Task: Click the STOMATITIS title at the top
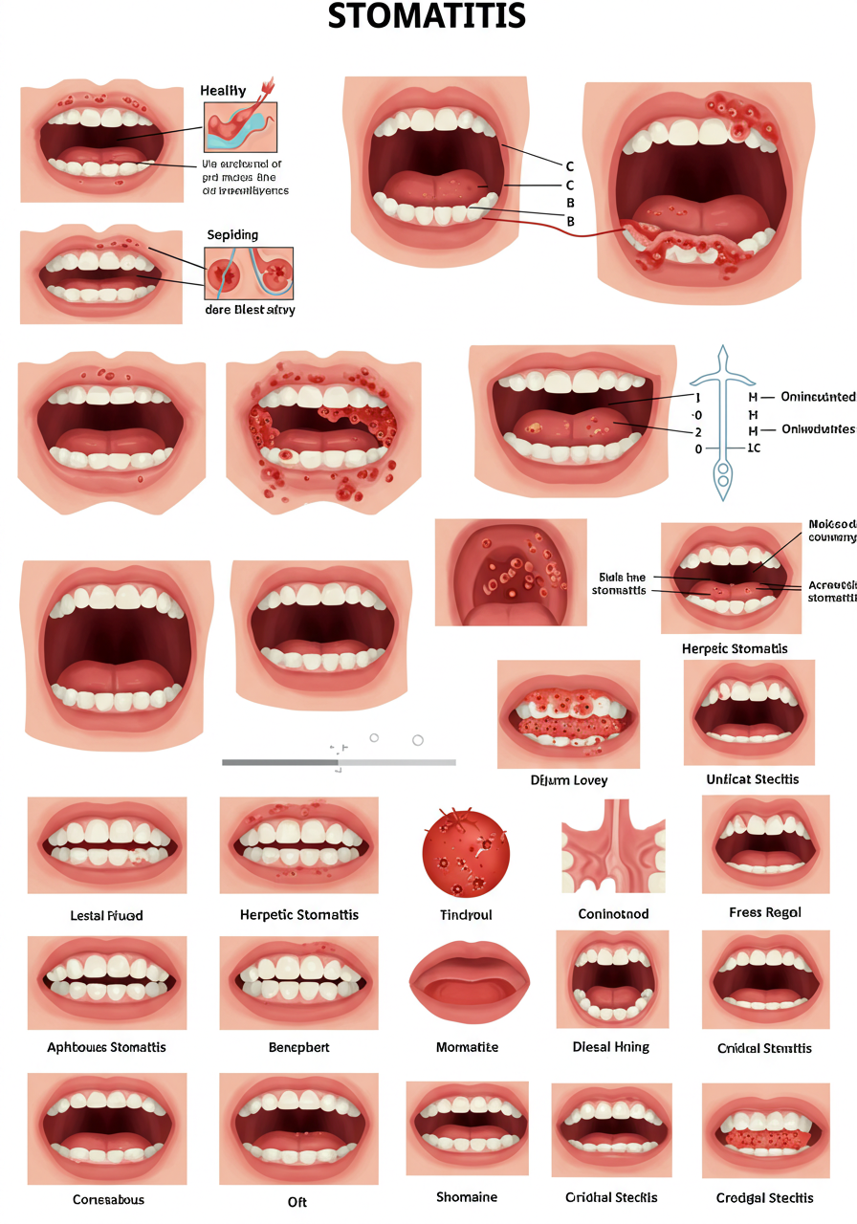pos(427,16)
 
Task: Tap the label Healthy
pos(223,91)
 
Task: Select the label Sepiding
pos(232,234)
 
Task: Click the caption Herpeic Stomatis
pos(735,648)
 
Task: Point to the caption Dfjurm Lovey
pos(569,779)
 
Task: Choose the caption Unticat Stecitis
pos(753,778)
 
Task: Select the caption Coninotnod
pos(613,913)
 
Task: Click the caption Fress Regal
pos(764,912)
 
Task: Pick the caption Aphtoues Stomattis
pos(106,1047)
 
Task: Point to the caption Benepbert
pos(299,1047)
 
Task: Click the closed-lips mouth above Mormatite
pos(467,983)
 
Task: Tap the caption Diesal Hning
pos(611,1046)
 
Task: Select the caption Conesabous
pos(108,1198)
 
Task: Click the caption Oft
pos(297,1201)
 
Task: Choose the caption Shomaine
pos(468,1196)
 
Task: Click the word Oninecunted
pos(817,396)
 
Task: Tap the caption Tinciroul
pos(466,914)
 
